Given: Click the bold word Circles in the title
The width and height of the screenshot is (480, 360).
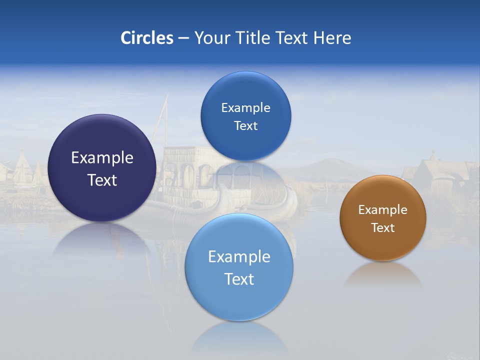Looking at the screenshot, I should (147, 38).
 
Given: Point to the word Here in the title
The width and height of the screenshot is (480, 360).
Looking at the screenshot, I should (332, 38).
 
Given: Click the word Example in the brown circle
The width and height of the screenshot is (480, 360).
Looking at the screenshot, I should (383, 210).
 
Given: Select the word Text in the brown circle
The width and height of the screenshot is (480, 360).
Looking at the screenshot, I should (383, 228).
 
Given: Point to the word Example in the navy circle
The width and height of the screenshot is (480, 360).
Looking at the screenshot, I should (102, 158).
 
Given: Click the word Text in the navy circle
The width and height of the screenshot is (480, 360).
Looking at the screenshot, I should (102, 180).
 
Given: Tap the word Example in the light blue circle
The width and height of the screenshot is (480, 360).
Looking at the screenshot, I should (239, 257).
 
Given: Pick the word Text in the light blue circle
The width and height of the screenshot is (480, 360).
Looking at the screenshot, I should (239, 279).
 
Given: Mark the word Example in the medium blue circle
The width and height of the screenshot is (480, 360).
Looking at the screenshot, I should (245, 108).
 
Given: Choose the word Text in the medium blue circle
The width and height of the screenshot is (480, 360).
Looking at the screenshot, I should (245, 126).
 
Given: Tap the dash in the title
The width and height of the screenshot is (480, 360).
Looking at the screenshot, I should (183, 38).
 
